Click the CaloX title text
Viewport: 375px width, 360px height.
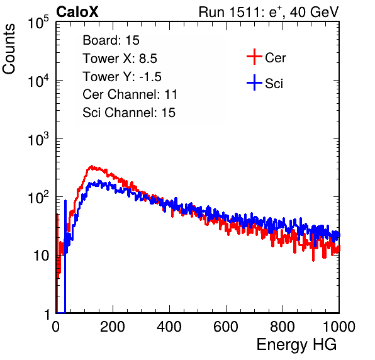pos(77,12)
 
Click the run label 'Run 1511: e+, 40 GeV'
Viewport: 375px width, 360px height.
pos(269,12)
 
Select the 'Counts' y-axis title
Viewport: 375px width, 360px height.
pos(9,49)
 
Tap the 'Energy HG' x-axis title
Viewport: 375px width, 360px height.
pos(296,344)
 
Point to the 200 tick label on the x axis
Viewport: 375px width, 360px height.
pos(113,327)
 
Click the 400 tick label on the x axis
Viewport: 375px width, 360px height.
pos(169,327)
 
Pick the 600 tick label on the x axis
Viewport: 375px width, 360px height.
pos(226,327)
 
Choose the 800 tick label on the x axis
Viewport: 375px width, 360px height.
pos(283,327)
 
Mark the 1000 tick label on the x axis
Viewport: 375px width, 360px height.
pos(339,327)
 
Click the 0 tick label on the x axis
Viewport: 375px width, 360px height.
pos(56,327)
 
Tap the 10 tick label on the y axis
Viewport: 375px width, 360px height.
pos(42,256)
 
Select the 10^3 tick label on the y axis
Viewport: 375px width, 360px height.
pos(38,139)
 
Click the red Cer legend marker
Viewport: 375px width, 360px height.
pos(254,57)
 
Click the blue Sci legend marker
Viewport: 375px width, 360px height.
pos(254,82)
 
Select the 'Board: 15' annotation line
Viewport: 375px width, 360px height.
pos(111,40)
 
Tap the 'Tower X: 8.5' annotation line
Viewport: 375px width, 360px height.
pos(120,59)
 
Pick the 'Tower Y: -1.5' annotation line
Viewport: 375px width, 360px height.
pos(122,77)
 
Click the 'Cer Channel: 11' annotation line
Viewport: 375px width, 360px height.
pos(130,94)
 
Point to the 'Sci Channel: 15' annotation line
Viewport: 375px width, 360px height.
pos(129,113)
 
